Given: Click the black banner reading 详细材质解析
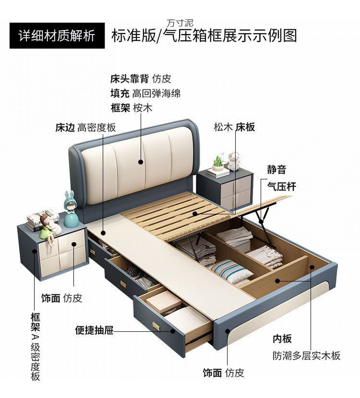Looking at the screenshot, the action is [56, 35].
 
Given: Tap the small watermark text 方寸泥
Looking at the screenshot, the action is [180, 23].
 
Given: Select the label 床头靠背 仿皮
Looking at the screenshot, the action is [140, 79].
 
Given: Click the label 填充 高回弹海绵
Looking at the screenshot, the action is [145, 93].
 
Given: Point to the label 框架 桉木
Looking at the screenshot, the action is [131, 108].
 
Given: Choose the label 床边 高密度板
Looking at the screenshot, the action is [85, 128].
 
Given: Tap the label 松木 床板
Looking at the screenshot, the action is [234, 127].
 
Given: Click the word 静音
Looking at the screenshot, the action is [276, 169].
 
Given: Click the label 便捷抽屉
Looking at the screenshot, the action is [94, 330].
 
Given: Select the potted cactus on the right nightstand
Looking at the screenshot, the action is [218, 163].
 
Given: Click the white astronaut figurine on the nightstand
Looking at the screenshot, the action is [233, 161].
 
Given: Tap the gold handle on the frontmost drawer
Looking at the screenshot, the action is [156, 326].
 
